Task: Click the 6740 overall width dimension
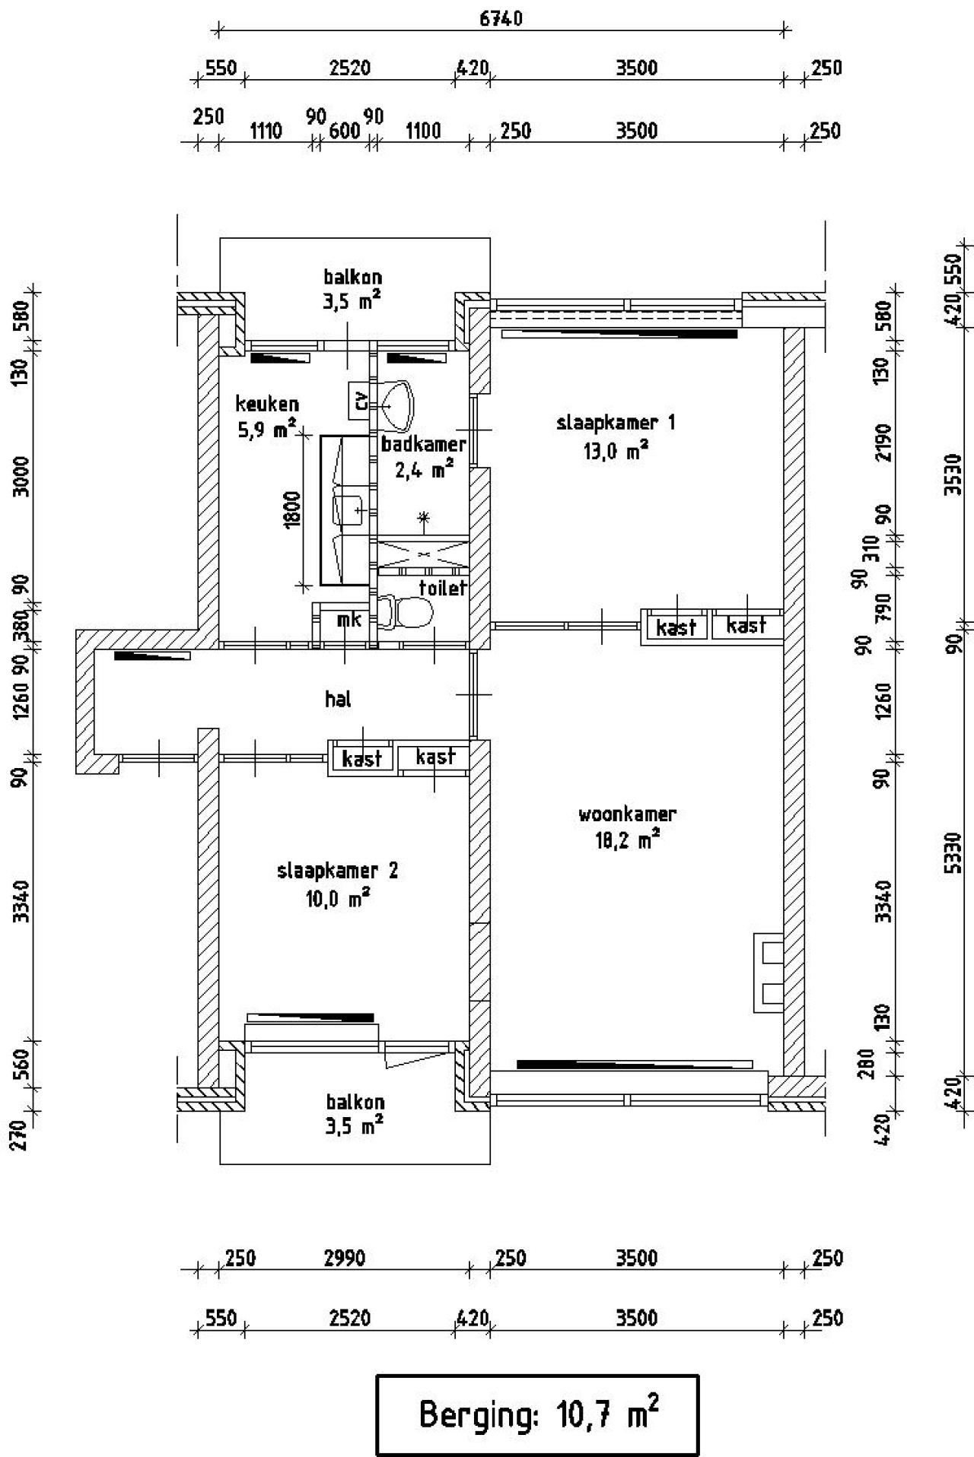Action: point(501,18)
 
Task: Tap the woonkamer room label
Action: point(627,814)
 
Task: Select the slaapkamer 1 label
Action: point(616,423)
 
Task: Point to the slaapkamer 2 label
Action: point(337,871)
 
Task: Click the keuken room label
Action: point(266,404)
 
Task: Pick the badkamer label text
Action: point(423,443)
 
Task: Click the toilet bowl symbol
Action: point(408,611)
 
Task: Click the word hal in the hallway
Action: point(338,699)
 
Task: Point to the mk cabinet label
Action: point(349,620)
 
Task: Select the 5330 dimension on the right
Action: point(956,852)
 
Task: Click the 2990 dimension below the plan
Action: point(345,1259)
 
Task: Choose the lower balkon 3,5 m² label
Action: point(355,1113)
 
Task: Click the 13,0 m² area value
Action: point(616,452)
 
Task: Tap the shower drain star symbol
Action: point(424,519)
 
